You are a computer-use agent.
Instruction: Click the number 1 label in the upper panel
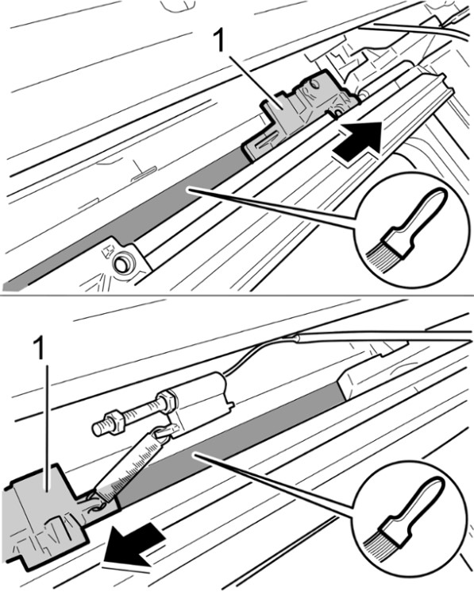pyautogui.click(x=219, y=41)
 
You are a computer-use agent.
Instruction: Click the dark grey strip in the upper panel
pyautogui.click(x=125, y=219)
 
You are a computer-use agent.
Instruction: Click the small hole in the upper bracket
pyautogui.click(x=315, y=83)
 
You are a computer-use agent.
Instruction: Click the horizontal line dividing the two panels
pyautogui.click(x=237, y=295)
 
